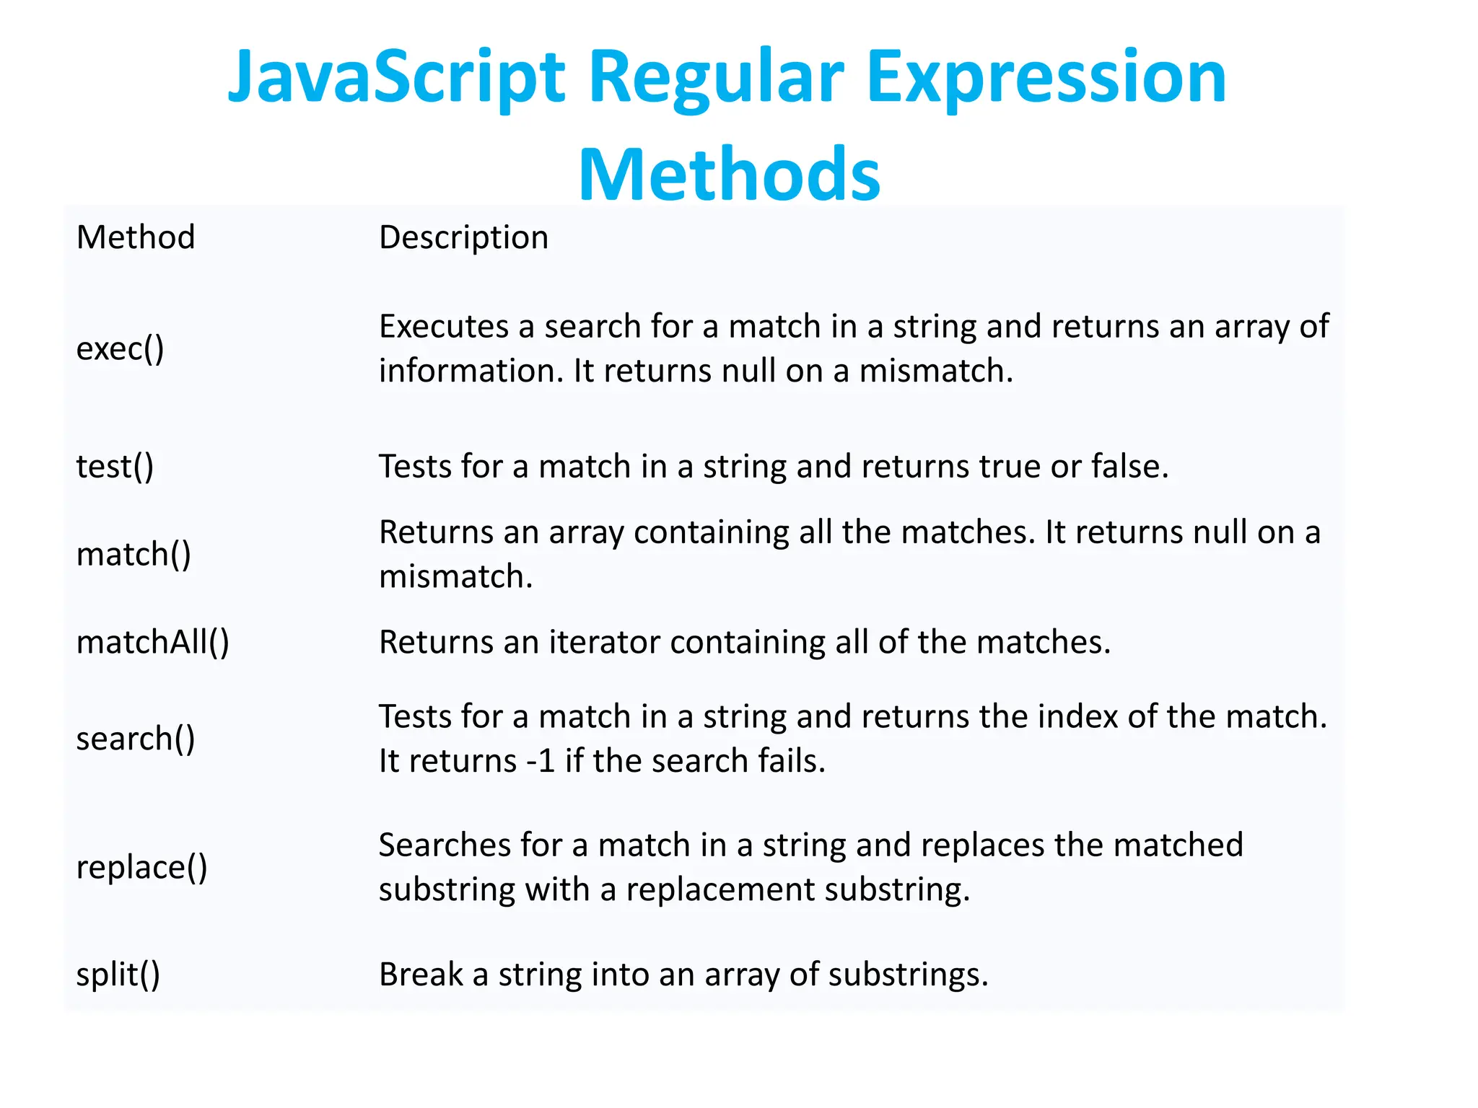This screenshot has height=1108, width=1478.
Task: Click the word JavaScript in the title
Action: click(395, 78)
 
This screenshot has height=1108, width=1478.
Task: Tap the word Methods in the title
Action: click(729, 175)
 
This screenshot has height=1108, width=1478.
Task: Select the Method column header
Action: click(136, 237)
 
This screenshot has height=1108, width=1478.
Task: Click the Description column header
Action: click(463, 237)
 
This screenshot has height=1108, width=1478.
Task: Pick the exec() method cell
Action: click(121, 349)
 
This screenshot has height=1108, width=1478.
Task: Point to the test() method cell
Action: click(115, 467)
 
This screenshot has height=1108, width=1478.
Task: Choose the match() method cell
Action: click(134, 555)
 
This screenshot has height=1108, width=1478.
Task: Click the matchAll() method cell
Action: click(152, 642)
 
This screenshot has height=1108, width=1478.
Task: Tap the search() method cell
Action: click(136, 739)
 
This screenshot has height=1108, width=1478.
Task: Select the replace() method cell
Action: click(141, 867)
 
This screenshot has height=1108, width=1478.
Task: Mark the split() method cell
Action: click(118, 975)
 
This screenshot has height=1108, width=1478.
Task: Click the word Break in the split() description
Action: click(420, 975)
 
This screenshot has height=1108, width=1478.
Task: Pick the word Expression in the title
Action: click(1046, 78)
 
